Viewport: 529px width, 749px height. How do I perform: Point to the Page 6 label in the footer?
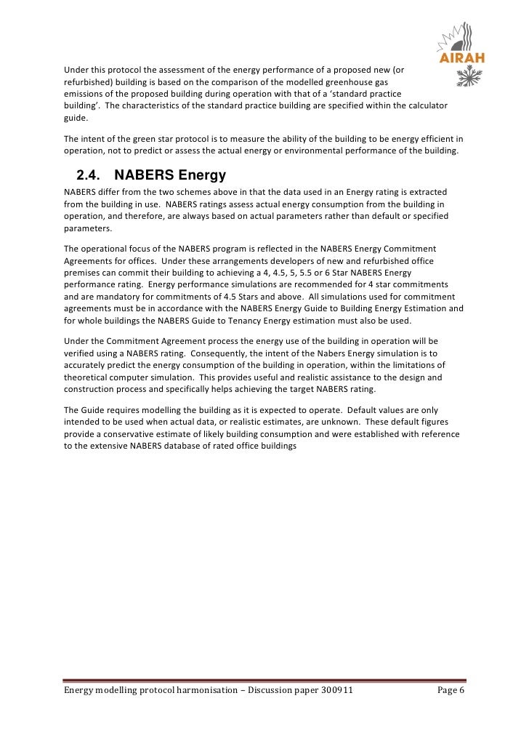[451, 690]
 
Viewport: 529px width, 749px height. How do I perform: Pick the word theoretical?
[90, 376]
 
